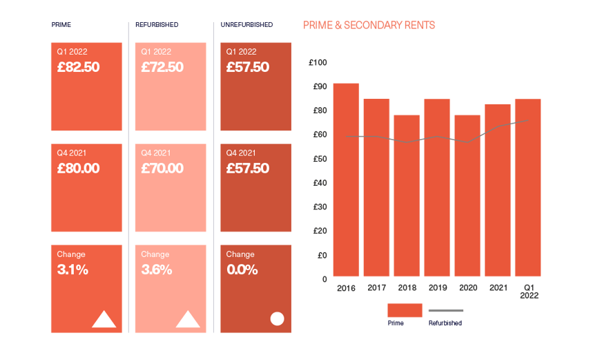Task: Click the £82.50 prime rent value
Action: coord(79,67)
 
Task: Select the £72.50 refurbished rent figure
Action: coord(162,67)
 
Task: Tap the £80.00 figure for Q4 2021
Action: coord(78,168)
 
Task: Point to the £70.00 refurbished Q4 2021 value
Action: coord(162,168)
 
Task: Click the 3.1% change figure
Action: coord(72,269)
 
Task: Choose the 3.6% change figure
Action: coord(157,269)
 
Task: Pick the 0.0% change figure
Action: coord(242,269)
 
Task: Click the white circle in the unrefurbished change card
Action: coord(277,319)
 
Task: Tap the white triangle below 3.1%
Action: coord(104,319)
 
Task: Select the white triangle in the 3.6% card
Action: coord(188,319)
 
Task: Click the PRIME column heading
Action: coord(61,25)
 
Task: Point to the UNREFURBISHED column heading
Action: coord(246,25)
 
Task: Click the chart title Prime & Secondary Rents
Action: coord(369,26)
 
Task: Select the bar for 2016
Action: coord(346,180)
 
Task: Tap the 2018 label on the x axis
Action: coord(407,287)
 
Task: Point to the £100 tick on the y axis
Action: coord(319,63)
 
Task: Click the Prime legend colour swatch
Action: coord(405,310)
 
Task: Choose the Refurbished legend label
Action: coord(445,323)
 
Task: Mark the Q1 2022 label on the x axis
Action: coord(529,291)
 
